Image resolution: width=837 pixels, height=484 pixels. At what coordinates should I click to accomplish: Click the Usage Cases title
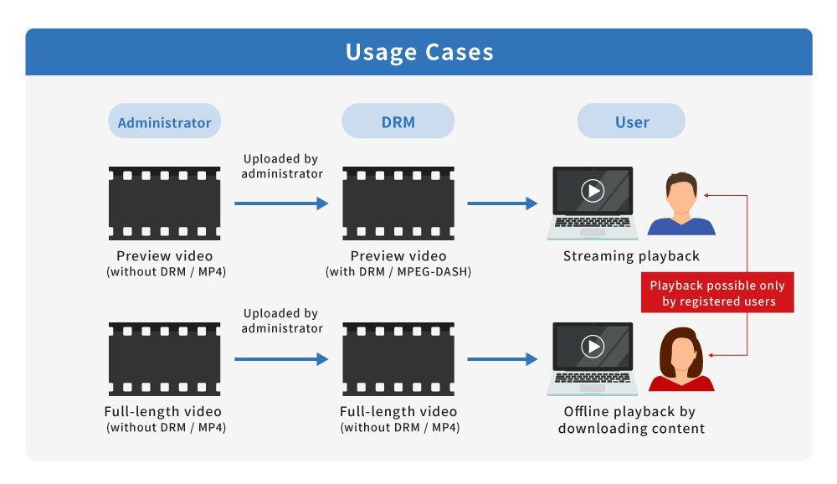419,53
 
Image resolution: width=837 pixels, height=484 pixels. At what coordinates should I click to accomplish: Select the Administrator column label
164,121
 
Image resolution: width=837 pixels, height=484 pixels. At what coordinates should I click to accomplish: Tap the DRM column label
398,121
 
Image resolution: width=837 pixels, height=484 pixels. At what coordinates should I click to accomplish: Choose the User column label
631,121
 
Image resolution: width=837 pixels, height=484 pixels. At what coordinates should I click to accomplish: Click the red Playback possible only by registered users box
717,293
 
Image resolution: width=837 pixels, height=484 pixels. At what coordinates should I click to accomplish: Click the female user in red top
681,359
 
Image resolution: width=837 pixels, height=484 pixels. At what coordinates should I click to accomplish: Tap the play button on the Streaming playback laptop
593,191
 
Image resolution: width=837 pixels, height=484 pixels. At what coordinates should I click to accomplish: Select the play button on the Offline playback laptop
593,347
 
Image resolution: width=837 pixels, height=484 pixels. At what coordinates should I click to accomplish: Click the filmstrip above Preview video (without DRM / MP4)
164,203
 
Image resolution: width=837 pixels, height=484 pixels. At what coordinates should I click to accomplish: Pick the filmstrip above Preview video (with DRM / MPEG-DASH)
398,203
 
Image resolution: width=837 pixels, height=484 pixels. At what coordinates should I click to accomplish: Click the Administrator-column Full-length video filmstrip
164,359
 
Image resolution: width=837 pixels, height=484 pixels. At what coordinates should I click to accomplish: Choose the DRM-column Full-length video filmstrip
398,359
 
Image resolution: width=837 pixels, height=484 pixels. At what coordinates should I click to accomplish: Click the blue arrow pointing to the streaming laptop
502,203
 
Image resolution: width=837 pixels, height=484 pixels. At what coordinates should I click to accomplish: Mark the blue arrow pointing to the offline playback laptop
502,359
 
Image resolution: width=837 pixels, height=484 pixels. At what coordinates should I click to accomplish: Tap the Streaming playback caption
631,256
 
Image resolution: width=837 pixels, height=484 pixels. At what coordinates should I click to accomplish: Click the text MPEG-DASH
433,272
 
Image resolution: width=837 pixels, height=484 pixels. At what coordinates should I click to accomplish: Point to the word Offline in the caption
585,411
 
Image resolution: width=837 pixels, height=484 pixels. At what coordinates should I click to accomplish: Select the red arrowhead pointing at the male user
706,195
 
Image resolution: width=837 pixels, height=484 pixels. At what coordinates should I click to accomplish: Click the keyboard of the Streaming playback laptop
593,222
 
